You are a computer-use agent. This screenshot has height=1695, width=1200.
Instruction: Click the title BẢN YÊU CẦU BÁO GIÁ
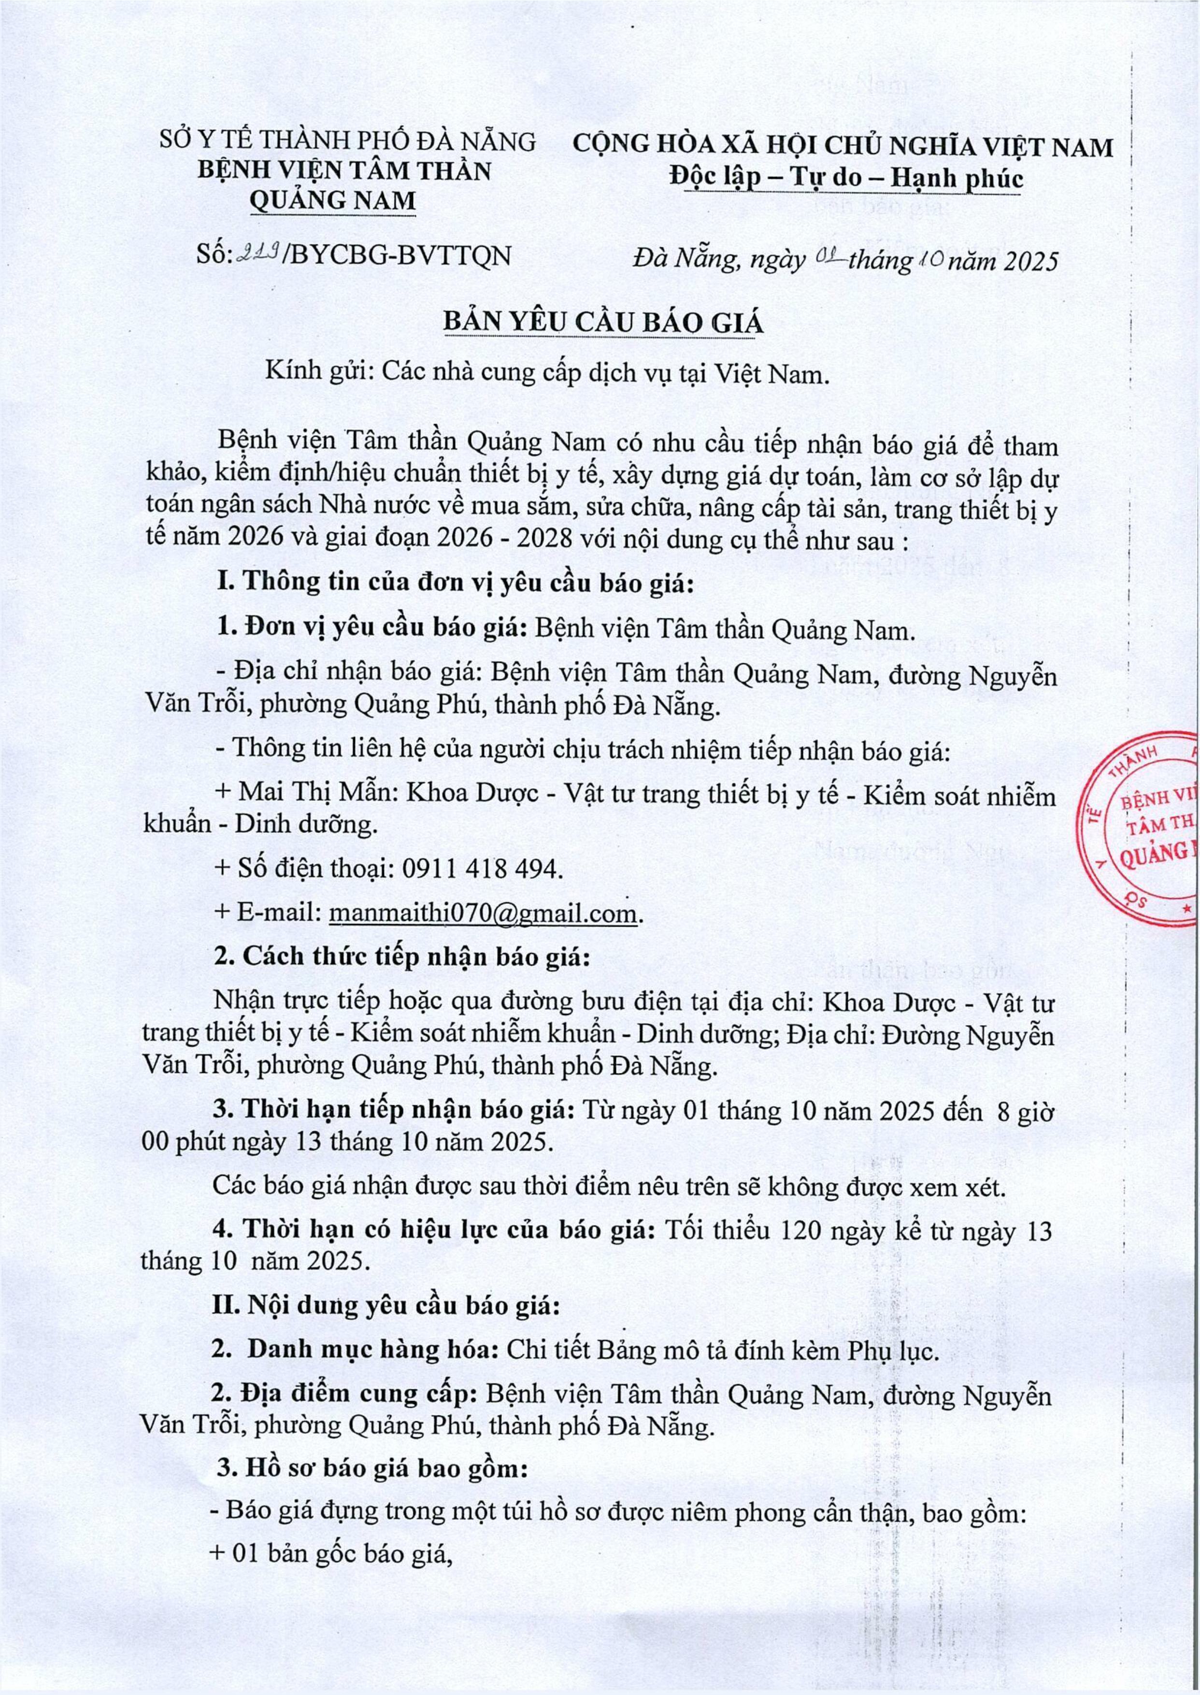point(601,324)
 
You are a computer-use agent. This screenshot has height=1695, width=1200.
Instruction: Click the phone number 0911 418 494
point(482,869)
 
